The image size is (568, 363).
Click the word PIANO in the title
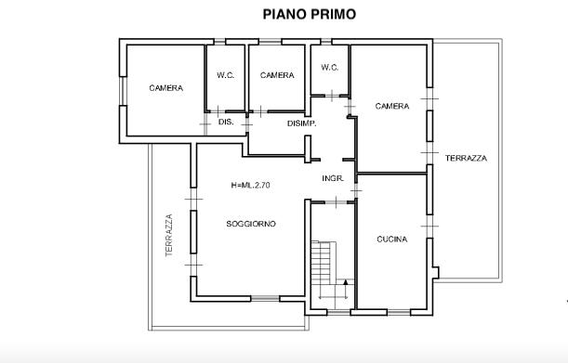click(x=283, y=15)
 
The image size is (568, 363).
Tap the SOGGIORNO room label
click(x=251, y=224)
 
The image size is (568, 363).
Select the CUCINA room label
click(x=392, y=240)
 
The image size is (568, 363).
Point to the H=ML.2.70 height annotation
click(x=250, y=186)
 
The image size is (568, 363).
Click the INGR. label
click(x=333, y=178)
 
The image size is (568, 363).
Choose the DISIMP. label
click(x=302, y=123)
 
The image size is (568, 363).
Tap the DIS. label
click(x=226, y=122)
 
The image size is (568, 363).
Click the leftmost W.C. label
click(x=225, y=75)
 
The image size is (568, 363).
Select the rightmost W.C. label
click(x=330, y=68)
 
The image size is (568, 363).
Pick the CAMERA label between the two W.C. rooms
click(x=277, y=75)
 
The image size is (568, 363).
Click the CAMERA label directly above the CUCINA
click(x=392, y=106)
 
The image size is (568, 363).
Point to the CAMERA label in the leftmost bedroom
click(x=165, y=88)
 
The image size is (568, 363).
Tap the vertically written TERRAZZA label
click(x=169, y=236)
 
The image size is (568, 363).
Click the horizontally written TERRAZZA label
click(x=466, y=158)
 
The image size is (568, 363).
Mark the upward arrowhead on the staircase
click(x=346, y=282)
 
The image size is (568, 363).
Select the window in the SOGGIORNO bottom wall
click(x=265, y=299)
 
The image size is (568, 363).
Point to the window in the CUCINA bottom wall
click(x=399, y=312)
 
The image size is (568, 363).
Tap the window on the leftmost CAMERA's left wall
click(x=123, y=91)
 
